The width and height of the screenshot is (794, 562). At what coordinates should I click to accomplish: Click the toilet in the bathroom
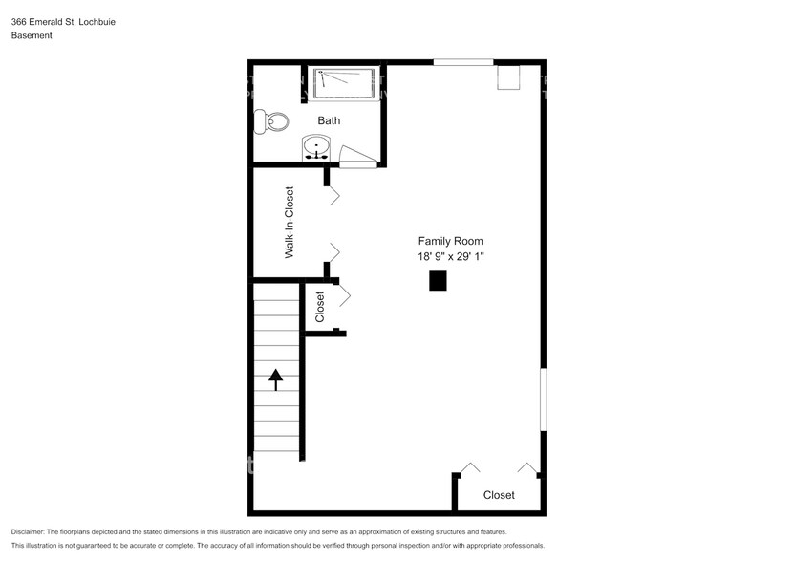[271, 121]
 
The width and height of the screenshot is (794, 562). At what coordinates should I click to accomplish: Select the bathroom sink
[316, 147]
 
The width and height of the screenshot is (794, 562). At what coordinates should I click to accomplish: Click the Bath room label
[329, 121]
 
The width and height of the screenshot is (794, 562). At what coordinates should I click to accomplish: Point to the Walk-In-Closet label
[289, 223]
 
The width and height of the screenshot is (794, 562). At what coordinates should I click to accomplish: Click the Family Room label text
[450, 241]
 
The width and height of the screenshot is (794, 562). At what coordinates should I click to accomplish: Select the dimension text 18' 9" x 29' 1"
[450, 256]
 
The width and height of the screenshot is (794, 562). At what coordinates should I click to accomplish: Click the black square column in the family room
[438, 280]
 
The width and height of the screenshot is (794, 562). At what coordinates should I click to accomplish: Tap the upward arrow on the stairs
[276, 379]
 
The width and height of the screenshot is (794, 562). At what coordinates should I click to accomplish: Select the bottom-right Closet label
[499, 495]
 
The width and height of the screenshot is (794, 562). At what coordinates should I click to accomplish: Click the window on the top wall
[463, 63]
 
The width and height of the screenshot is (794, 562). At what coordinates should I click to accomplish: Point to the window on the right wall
[544, 399]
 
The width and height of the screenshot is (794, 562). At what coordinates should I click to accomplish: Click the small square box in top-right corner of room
[508, 77]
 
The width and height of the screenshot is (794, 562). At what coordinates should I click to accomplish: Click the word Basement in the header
[32, 35]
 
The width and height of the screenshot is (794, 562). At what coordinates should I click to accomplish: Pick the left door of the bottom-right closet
[469, 468]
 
